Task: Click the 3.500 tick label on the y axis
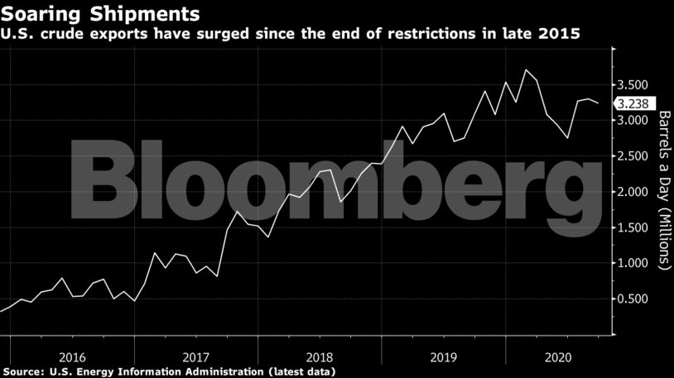[633, 85]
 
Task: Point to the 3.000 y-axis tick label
[633, 121]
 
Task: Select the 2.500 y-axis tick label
[633, 156]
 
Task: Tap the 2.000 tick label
[633, 192]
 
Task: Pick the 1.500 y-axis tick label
[633, 227]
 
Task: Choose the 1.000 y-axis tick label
[633, 263]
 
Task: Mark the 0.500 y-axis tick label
[633, 299]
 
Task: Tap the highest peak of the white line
[526, 69]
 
